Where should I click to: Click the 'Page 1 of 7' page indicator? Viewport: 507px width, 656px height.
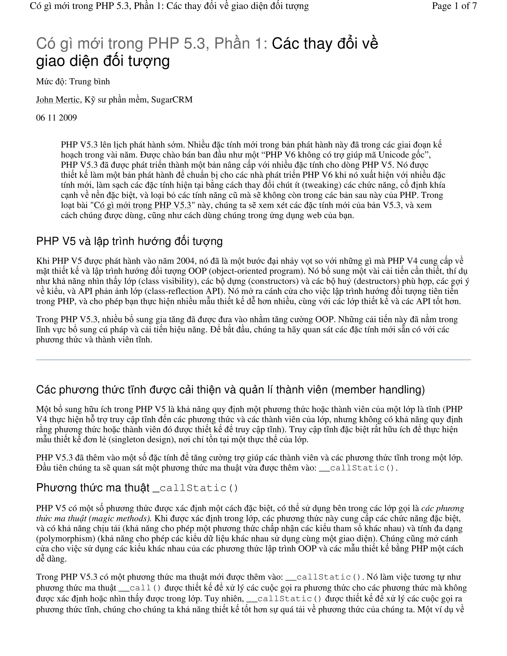(x=454, y=6)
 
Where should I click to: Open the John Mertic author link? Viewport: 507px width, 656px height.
(x=58, y=100)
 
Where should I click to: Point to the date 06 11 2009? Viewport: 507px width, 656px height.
(x=56, y=118)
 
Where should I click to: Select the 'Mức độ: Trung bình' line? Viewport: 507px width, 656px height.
(x=73, y=82)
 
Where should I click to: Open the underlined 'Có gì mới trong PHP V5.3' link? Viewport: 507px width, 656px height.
(x=143, y=205)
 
